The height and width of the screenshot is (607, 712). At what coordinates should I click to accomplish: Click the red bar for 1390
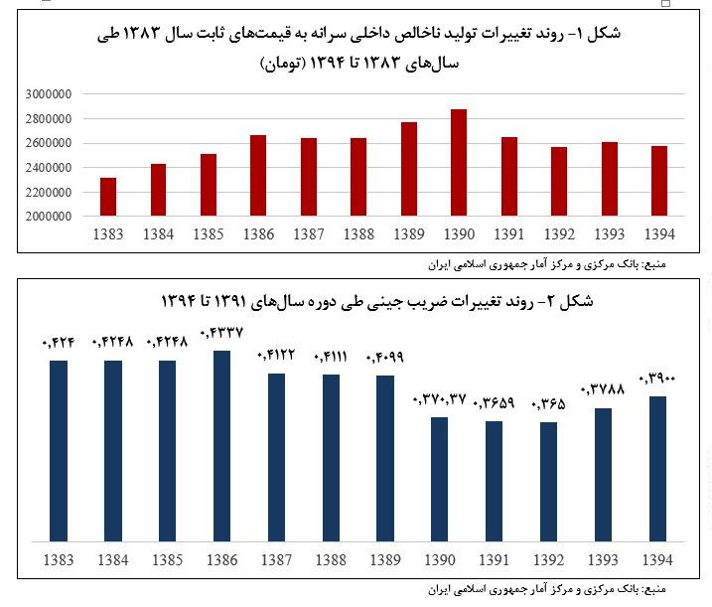459,162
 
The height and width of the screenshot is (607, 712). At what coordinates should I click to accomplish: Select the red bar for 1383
108,197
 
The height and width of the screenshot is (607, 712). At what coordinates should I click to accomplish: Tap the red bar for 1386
258,175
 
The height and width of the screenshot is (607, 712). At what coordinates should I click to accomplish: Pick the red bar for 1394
659,181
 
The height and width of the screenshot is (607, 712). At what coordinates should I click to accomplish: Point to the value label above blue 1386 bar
221,333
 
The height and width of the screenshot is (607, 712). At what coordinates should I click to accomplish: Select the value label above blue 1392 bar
548,404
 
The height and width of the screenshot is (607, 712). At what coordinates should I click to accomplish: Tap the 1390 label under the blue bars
440,560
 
